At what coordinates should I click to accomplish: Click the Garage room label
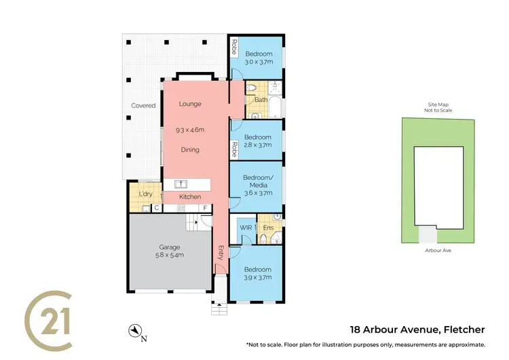coord(170,247)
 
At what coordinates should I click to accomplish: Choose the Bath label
coord(261,101)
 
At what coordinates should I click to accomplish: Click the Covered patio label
coord(143,105)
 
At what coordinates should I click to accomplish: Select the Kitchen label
coord(190,197)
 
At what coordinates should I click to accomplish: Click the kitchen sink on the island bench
coord(181,183)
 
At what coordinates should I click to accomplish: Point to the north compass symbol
coord(136,331)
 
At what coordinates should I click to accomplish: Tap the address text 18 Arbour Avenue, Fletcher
coord(417,330)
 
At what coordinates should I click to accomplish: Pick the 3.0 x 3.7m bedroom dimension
coord(259,62)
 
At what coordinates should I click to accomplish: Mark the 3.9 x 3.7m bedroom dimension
coord(258,277)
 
